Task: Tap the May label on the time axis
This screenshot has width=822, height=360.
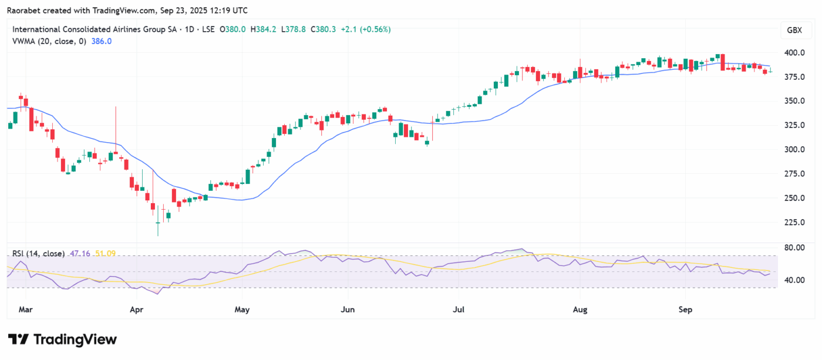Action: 242,308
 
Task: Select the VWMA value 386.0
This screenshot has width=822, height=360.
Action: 102,41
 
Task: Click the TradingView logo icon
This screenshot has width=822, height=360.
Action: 19,339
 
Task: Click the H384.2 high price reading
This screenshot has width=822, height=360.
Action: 264,29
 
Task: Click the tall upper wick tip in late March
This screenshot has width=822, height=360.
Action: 116,106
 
